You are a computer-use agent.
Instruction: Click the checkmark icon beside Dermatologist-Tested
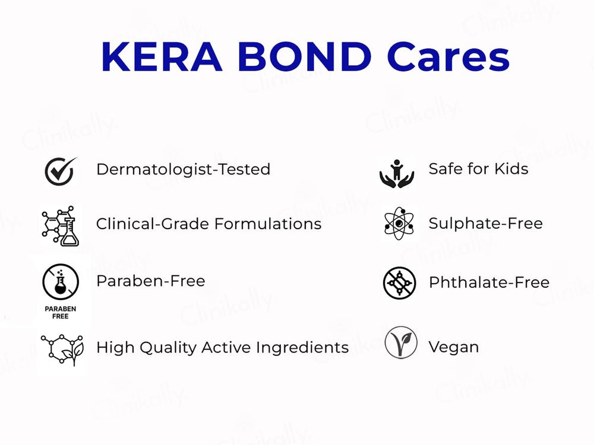tap(60, 171)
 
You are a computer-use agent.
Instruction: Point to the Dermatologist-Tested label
tap(183, 169)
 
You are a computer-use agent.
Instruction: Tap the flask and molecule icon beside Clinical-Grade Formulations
tap(60, 226)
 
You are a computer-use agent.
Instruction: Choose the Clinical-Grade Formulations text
tap(208, 224)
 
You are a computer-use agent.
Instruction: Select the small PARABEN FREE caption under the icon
tap(60, 313)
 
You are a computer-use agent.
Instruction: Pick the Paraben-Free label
tap(150, 281)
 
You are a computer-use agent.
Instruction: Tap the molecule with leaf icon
tap(62, 349)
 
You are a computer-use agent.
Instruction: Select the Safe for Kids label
tap(478, 169)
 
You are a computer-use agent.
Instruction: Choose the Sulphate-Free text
tap(485, 224)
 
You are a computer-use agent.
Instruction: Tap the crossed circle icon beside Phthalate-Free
tap(399, 283)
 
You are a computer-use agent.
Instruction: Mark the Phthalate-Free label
tap(489, 282)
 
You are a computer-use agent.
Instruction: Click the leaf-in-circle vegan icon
tap(400, 343)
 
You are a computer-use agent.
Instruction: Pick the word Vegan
tap(453, 347)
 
